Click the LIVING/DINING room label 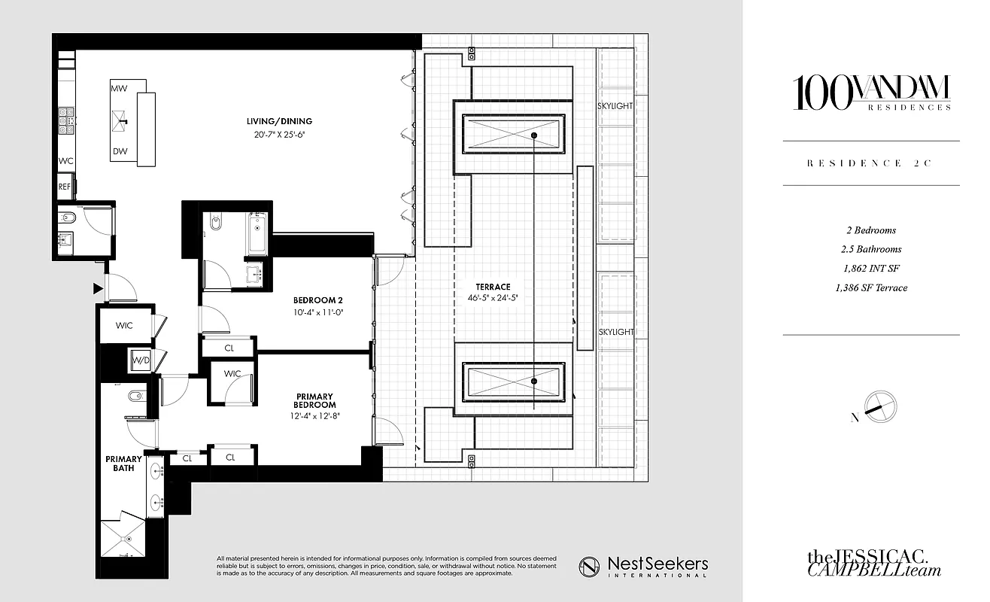point(278,121)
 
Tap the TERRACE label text point(493,287)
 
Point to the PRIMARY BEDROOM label point(314,401)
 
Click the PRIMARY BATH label point(123,464)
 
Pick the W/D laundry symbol point(141,360)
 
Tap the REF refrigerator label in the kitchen point(65,186)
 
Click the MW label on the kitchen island point(119,89)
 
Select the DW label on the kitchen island point(119,151)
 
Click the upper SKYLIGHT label point(615,106)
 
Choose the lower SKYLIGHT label point(615,332)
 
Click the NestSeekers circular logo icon point(589,567)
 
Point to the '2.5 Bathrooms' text point(870,249)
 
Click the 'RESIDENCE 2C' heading point(870,163)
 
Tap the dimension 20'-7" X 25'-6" point(278,135)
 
